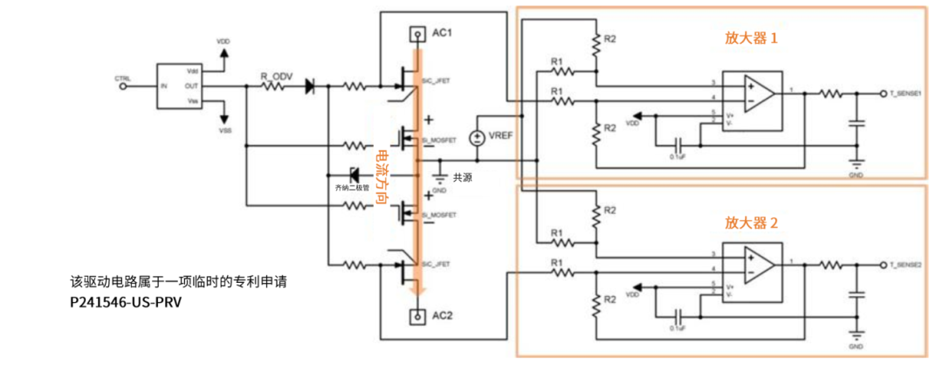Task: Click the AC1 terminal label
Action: (444, 33)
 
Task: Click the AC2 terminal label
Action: (444, 314)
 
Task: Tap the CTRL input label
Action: (122, 79)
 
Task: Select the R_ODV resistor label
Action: (276, 77)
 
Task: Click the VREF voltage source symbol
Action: (477, 138)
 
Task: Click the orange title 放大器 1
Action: (750, 38)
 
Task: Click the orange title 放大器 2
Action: (750, 223)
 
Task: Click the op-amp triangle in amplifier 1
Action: (756, 93)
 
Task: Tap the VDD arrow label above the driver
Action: (224, 41)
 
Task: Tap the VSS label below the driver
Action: (225, 130)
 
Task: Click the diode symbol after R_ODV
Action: (310, 86)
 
